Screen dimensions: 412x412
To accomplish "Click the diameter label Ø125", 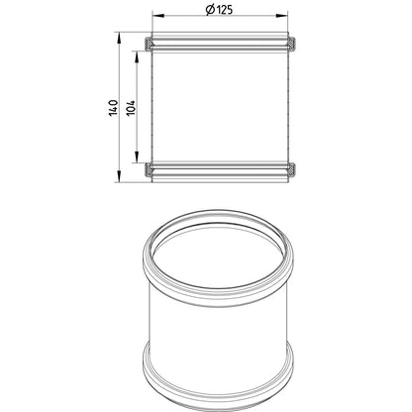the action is tap(219, 10).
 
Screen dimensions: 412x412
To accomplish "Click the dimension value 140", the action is tap(113, 107).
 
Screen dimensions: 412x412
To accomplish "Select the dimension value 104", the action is tap(132, 107).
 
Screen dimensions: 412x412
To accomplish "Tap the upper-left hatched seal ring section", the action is tap(149, 44).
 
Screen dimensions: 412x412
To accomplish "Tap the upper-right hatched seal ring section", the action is tap(292, 44).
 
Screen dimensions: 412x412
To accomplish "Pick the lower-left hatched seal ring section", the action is tap(149, 169).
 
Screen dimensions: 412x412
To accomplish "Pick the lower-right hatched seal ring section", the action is tap(292, 169).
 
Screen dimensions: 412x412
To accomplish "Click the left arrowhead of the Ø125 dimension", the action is tap(157, 15).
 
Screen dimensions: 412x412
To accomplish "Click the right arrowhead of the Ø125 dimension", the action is tap(282, 15).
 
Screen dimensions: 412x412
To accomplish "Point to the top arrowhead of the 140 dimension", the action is tap(118, 38).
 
